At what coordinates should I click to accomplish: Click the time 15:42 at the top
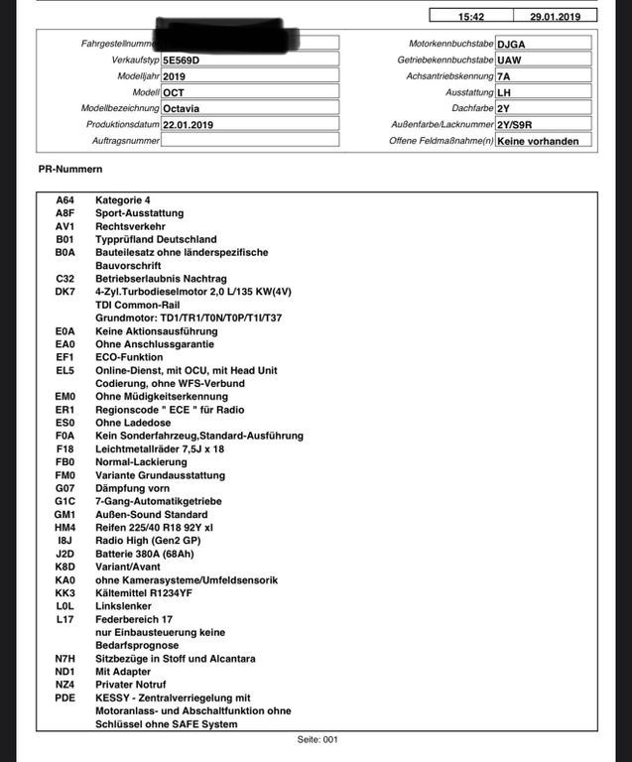coord(471,16)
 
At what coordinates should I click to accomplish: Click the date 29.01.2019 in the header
coord(563,16)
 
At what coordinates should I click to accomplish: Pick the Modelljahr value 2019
coord(175,76)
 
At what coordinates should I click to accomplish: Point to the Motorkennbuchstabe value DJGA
coord(513,44)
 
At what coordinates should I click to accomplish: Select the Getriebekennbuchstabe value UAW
coord(510,61)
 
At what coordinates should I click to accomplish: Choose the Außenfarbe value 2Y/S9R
coord(517,125)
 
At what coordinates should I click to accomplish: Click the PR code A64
coord(65,200)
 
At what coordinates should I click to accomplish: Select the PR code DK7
coord(65,292)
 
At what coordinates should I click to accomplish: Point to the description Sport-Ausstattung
coord(139,213)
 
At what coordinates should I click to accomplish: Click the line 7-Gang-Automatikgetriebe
coord(158,502)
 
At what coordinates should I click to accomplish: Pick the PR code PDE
coord(65,698)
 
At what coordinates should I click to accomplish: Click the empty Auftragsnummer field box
coord(249,141)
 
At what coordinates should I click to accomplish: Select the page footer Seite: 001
coord(318,739)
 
